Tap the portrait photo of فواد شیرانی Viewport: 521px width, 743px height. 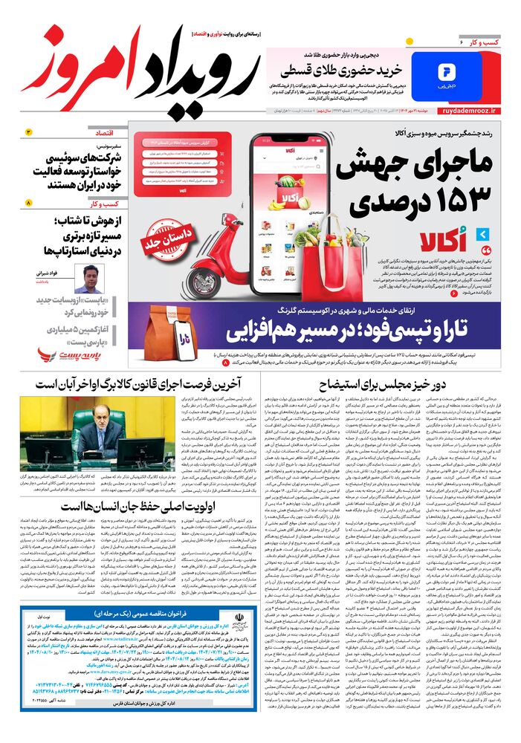tap(90, 279)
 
